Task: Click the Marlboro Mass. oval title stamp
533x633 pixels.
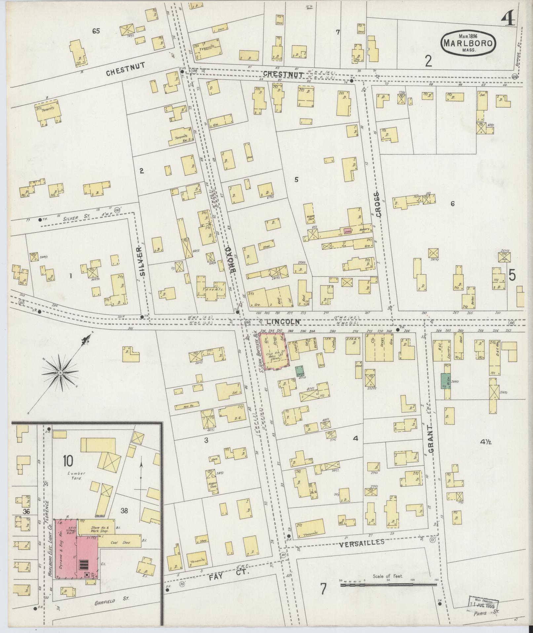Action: [468, 42]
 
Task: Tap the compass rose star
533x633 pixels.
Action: [60, 373]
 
